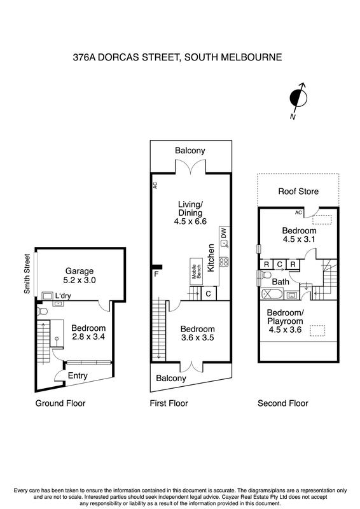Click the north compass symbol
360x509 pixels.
(298, 99)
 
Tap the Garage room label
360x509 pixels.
(80, 271)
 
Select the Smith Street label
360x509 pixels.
(27, 274)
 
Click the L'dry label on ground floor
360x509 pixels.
(63, 296)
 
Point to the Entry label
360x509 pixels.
(78, 375)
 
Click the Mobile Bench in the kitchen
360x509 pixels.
(197, 272)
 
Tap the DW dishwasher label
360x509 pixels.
(224, 233)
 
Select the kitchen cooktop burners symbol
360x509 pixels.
(224, 261)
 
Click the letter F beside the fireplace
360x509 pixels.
(156, 274)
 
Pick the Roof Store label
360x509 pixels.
(298, 192)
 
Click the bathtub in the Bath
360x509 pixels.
(272, 295)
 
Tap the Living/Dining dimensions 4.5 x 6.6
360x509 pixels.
(190, 221)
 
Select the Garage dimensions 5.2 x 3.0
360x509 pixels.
(80, 280)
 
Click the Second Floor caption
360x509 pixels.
(283, 403)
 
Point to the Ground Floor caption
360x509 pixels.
(60, 403)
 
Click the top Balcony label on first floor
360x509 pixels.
(190, 151)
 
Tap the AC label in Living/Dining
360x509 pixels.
(155, 185)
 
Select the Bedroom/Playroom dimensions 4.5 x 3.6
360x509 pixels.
(285, 330)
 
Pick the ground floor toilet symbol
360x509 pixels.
(43, 311)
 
